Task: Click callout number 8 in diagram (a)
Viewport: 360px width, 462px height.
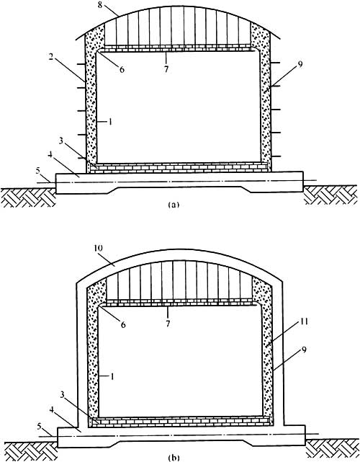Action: (x=101, y=5)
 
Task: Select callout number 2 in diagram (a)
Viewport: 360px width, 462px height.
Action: (x=51, y=57)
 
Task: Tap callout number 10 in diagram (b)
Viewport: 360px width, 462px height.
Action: (x=99, y=248)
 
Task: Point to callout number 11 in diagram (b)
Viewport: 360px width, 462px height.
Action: (x=304, y=321)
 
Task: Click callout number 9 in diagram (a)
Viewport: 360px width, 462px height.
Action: (x=300, y=65)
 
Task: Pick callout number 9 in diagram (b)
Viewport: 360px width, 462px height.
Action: (x=304, y=350)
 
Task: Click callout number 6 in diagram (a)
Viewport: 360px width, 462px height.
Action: (x=122, y=69)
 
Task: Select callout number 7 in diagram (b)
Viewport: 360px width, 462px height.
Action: (x=168, y=324)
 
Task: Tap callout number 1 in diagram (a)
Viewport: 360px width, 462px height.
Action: (x=110, y=121)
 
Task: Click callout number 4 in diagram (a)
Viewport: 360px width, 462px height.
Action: (x=50, y=155)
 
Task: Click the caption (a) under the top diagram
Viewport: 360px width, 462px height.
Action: (x=173, y=205)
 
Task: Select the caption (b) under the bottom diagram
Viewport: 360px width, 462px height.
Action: (x=173, y=458)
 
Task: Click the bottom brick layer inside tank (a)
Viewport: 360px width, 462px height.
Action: (x=180, y=167)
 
